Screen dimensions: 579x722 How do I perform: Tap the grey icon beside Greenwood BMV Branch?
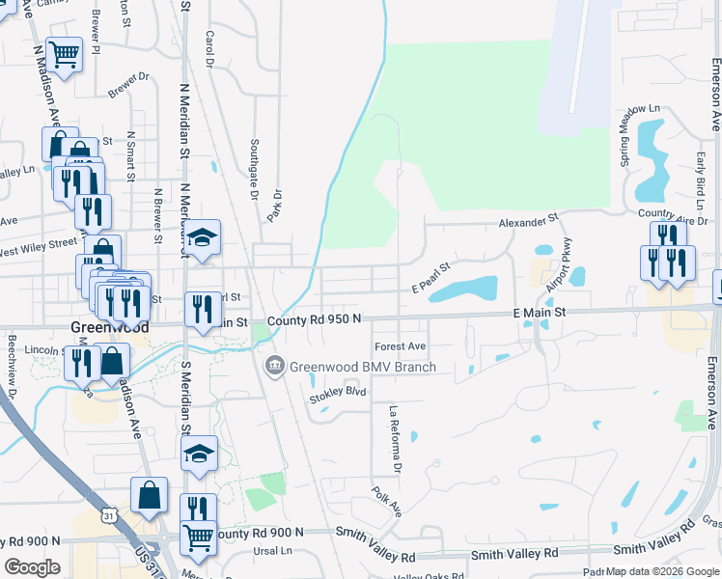click(x=274, y=366)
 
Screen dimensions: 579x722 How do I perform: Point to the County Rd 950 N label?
click(x=315, y=319)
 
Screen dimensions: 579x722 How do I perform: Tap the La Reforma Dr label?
click(x=394, y=439)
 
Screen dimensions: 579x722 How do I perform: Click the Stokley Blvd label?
click(x=338, y=394)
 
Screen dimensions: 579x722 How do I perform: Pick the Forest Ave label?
click(x=400, y=346)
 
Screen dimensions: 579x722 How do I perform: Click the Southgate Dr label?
click(x=255, y=169)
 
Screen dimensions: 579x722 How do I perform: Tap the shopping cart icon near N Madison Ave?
click(x=64, y=55)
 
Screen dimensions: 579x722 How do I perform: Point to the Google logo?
click(x=32, y=567)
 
